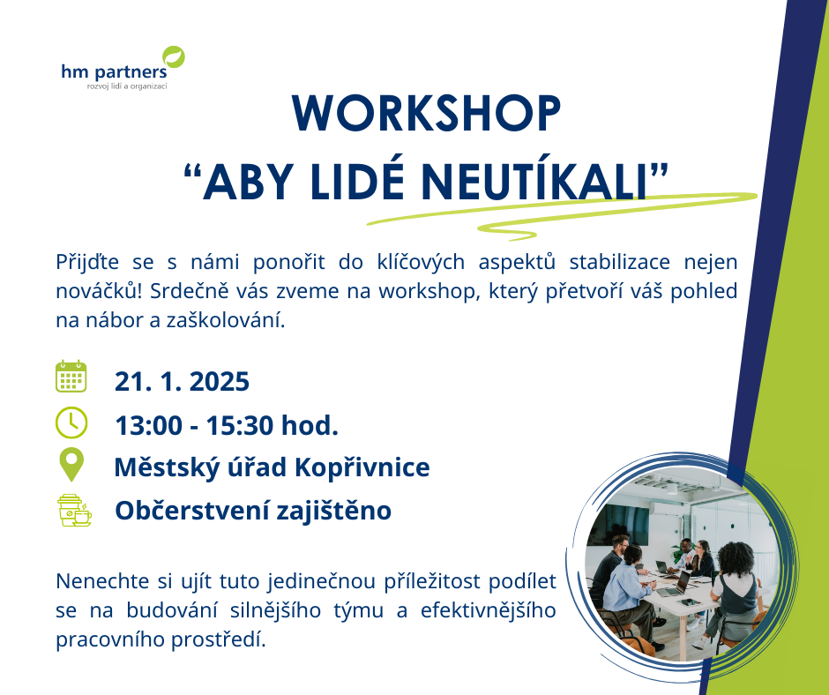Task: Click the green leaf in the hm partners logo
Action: tap(175, 56)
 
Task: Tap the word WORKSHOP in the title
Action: tap(426, 112)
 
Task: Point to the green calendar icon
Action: tap(71, 377)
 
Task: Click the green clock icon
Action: tap(71, 422)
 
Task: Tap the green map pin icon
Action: tap(71, 465)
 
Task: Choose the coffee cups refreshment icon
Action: tap(73, 510)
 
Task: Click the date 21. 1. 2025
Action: tap(182, 382)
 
